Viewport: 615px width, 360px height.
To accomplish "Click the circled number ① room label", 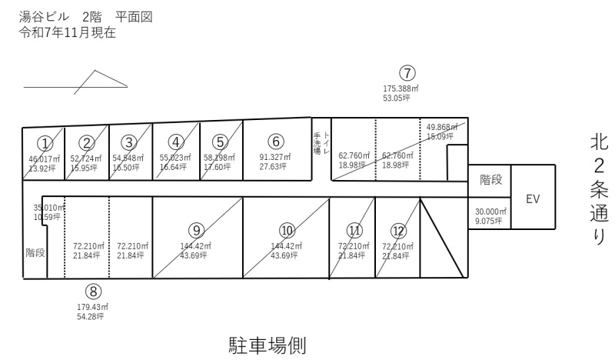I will tap(45, 142).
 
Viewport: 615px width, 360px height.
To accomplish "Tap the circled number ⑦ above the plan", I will tap(407, 74).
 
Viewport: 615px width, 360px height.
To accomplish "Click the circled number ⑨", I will tap(197, 229).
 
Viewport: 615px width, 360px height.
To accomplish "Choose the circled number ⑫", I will tap(398, 229).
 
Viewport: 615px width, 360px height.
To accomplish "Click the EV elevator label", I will tap(533, 198).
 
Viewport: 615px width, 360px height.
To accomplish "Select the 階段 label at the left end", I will tap(35, 252).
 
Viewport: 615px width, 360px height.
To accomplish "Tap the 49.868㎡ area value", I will tap(440, 127).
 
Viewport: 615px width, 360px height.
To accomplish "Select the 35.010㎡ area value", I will tap(47, 208).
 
